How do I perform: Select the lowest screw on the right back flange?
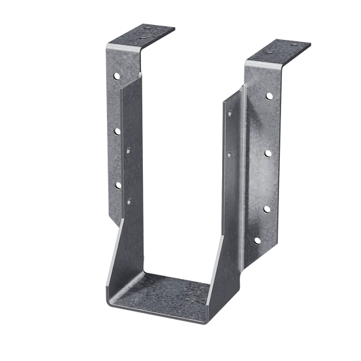[258, 240]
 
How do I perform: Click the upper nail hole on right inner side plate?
[231, 114]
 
